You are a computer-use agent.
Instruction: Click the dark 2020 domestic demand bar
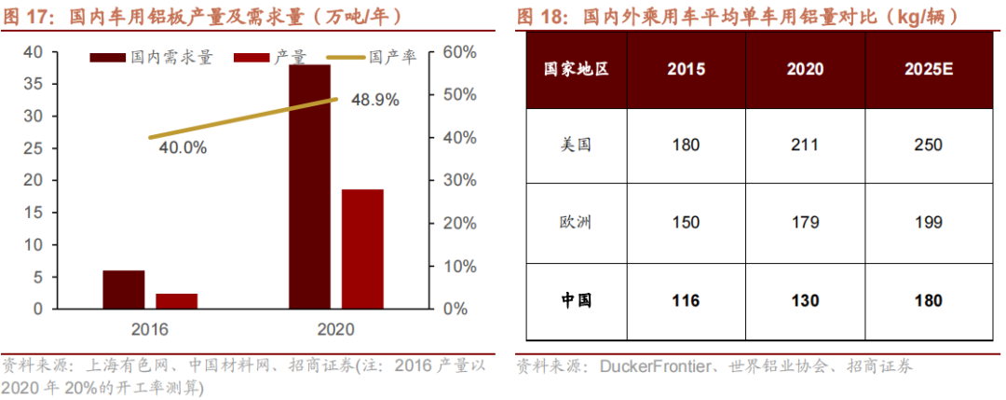pyautogui.click(x=309, y=186)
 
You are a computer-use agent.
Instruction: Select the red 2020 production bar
pyautogui.click(x=362, y=248)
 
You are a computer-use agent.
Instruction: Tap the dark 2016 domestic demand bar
pyautogui.click(x=123, y=289)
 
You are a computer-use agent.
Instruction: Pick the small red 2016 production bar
pyautogui.click(x=176, y=300)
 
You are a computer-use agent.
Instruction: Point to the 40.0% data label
pyautogui.click(x=183, y=147)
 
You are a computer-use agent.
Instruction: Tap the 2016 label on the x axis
pyautogui.click(x=149, y=329)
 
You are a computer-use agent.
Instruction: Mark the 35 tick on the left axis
pyautogui.click(x=33, y=84)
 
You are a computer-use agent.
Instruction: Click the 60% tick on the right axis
pyautogui.click(x=454, y=52)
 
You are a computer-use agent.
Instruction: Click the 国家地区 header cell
pyautogui.click(x=576, y=69)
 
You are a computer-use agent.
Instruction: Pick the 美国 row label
pyautogui.click(x=576, y=145)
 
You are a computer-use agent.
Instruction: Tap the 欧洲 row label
pyautogui.click(x=576, y=223)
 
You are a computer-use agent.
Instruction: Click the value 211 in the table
pyautogui.click(x=803, y=145)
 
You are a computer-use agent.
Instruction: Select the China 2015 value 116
pyautogui.click(x=686, y=300)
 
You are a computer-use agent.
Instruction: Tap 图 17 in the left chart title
pyautogui.click(x=28, y=16)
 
